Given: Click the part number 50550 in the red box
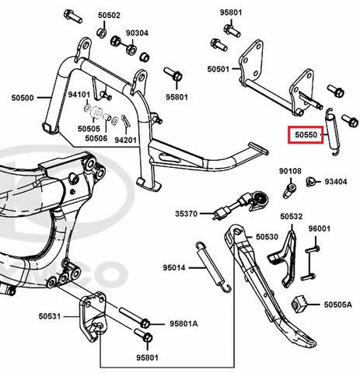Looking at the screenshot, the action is (306, 134).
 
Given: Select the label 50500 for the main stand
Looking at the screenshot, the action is (23, 98).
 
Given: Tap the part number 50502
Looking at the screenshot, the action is (109, 16).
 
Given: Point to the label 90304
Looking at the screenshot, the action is (137, 33).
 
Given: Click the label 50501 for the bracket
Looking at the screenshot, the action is (218, 69).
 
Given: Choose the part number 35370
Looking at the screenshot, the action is (187, 214).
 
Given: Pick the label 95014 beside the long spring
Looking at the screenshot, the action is (174, 267).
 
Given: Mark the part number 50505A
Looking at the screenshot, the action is (338, 305).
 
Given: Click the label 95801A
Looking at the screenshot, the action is (183, 323).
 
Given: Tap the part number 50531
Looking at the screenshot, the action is (50, 316).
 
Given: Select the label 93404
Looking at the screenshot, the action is (336, 182).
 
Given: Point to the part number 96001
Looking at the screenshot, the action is (320, 228).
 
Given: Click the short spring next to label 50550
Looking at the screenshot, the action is (332, 132).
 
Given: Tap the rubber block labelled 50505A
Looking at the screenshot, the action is (299, 303).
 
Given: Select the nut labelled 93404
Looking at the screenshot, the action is (310, 181).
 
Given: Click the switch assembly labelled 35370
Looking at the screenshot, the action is (241, 205).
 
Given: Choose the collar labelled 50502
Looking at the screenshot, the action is (102, 33).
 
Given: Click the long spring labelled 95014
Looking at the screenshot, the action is (213, 267).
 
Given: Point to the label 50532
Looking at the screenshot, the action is (292, 216).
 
